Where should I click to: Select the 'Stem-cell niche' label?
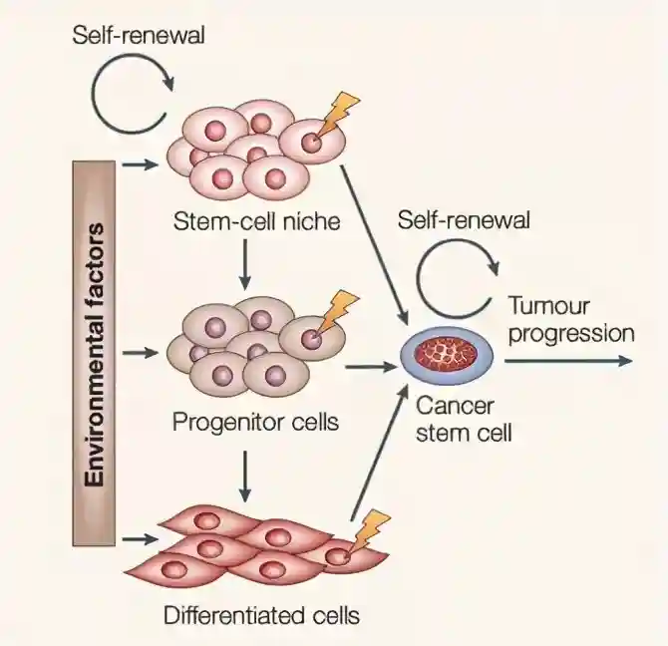click(x=256, y=221)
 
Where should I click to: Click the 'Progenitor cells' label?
click(x=255, y=422)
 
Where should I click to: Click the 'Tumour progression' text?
click(x=569, y=319)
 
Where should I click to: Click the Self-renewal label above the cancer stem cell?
click(x=464, y=219)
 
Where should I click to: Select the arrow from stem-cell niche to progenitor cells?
click(x=244, y=264)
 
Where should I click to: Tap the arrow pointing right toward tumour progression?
click(x=568, y=359)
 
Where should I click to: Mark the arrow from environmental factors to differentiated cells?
click(x=141, y=539)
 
